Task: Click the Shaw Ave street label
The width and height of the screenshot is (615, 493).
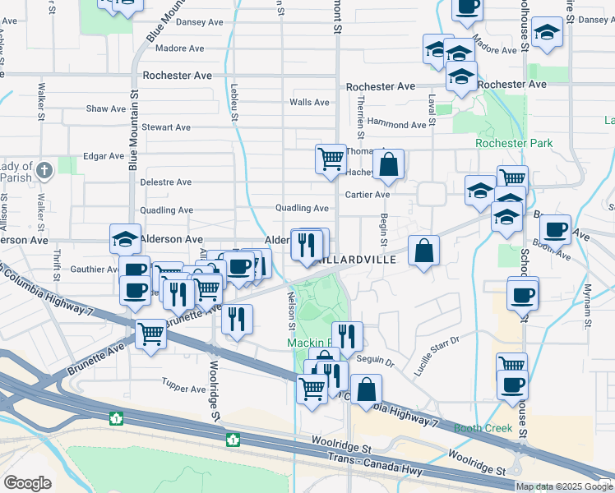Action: [x=106, y=108]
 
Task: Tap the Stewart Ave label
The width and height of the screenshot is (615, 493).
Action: [x=166, y=127]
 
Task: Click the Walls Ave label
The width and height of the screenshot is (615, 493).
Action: [x=309, y=103]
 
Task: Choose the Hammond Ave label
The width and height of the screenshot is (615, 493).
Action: [x=398, y=125]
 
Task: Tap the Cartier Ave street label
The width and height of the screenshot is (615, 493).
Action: [x=368, y=195]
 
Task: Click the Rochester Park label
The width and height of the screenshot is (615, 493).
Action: [x=514, y=143]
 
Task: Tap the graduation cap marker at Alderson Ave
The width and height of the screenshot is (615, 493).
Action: [x=125, y=238]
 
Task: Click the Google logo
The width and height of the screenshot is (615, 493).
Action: [x=27, y=482]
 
